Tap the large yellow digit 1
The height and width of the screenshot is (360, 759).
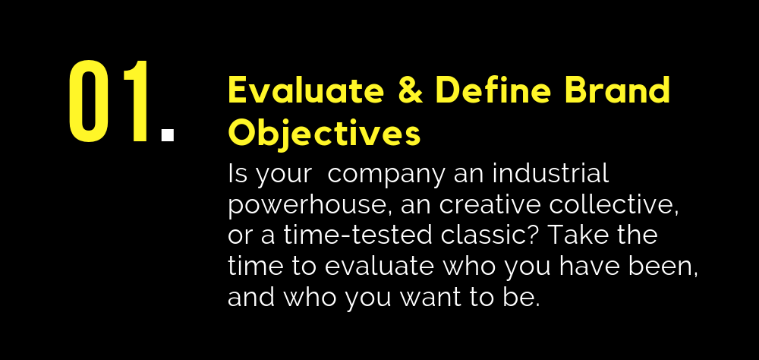137,101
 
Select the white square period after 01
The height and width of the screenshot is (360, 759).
168,134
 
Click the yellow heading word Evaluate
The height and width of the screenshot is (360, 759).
306,90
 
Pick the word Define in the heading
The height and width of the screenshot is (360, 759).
493,90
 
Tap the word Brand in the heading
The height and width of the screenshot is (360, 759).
617,90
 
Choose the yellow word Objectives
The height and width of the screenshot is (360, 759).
324,133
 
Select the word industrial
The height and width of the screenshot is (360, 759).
550,173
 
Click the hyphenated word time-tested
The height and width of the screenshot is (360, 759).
357,235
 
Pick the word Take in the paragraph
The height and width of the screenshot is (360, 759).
572,235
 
